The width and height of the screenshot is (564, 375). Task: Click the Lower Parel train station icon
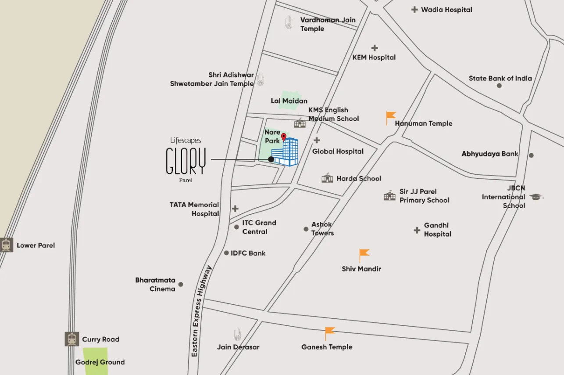click(7, 245)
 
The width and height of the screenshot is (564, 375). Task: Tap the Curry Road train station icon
click(72, 339)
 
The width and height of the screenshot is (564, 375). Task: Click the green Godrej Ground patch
click(96, 361)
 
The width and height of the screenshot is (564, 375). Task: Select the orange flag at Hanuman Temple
click(390, 117)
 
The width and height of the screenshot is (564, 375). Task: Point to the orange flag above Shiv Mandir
click(364, 255)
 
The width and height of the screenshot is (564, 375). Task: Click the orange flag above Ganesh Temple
click(329, 333)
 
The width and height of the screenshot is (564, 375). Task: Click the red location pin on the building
click(284, 137)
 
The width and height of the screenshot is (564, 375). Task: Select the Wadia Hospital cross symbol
click(414, 9)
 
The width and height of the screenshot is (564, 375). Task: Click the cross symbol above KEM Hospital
click(374, 48)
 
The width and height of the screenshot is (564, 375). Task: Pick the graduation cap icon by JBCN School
click(536, 197)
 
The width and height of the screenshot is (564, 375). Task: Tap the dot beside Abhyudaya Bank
click(531, 155)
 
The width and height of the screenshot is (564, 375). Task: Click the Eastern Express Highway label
click(201, 311)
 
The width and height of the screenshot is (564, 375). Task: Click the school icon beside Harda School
click(327, 178)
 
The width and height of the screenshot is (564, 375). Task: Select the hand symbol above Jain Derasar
click(238, 335)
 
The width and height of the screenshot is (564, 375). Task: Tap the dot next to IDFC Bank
click(226, 253)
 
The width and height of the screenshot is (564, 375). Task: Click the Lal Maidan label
click(289, 101)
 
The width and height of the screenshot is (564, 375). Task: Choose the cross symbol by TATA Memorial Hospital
click(236, 209)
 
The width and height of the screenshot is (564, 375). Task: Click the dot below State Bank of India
click(499, 86)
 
